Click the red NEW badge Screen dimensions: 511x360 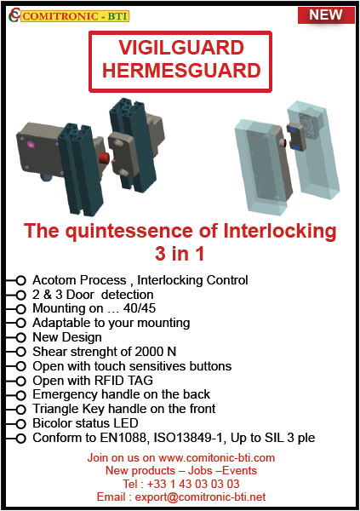coord(326,14)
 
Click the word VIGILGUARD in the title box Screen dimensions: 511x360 coord(179,48)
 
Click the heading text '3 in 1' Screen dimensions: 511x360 coord(180,254)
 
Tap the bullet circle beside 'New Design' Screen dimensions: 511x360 coord(20,337)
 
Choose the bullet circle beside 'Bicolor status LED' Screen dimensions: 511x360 coord(20,424)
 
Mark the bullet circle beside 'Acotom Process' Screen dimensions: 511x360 coord(20,279)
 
